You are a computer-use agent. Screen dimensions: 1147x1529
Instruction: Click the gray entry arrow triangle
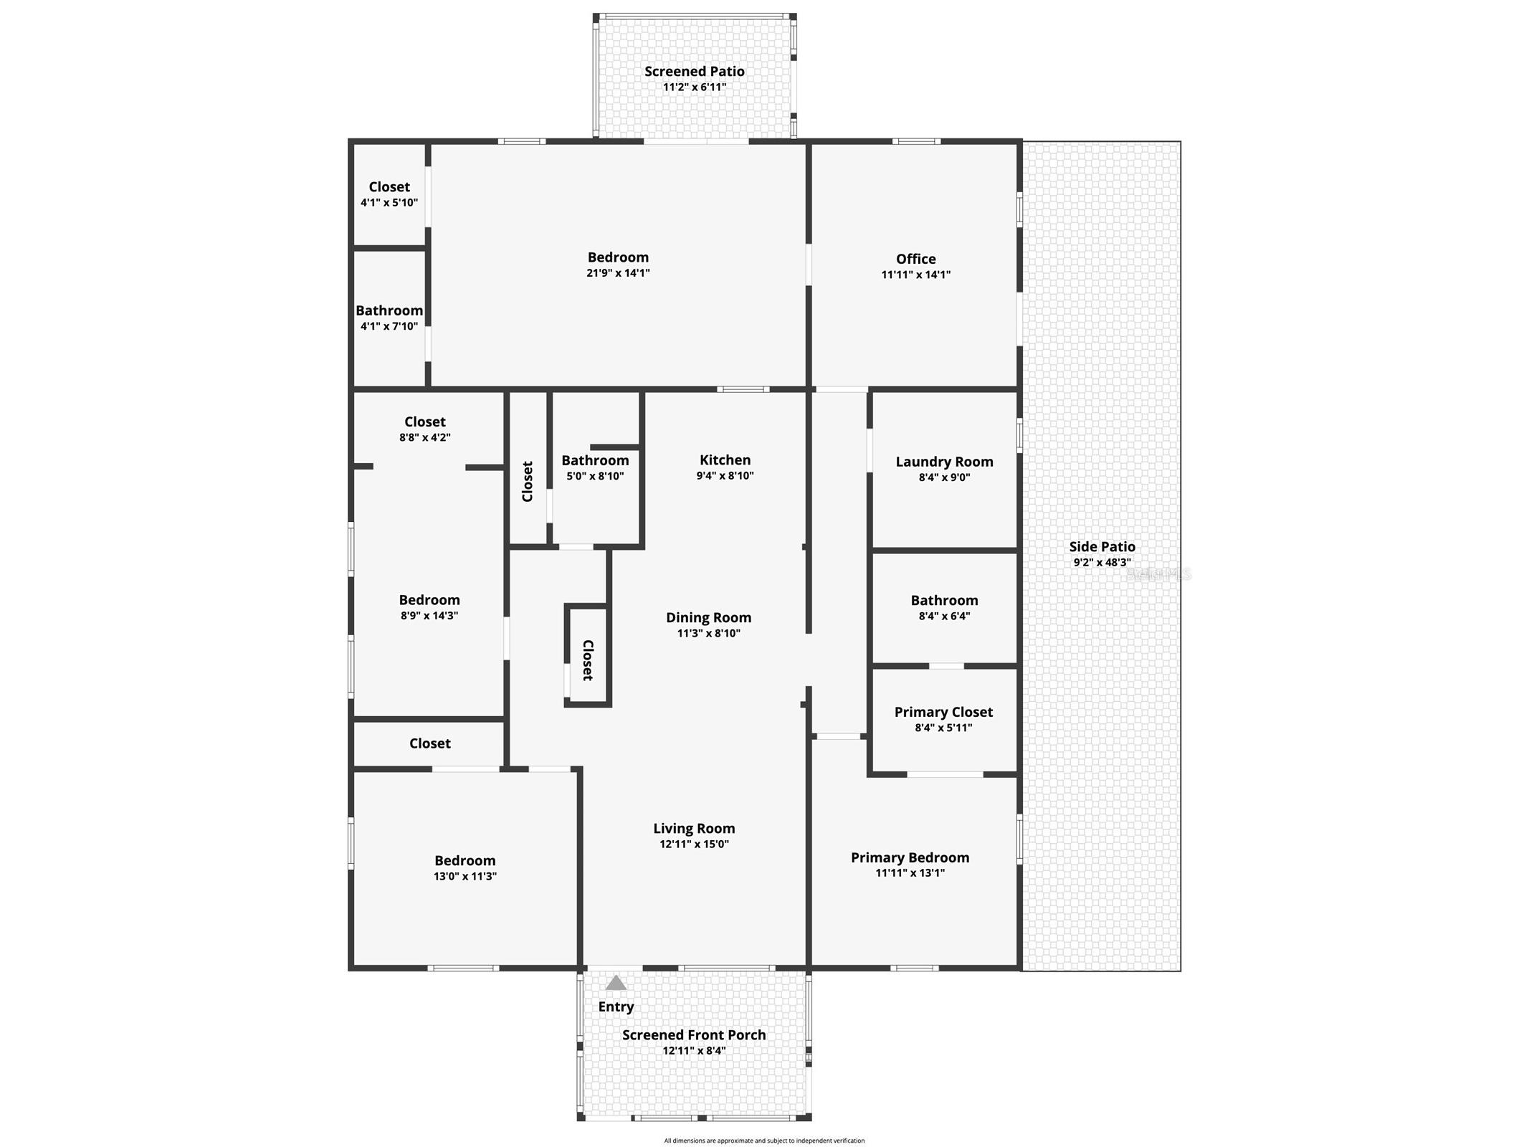point(616,983)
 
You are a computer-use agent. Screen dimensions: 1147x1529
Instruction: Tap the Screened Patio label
point(694,71)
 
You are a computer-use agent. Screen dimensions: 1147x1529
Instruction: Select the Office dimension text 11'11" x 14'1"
point(915,275)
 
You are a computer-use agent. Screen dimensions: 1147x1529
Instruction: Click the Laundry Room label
point(944,462)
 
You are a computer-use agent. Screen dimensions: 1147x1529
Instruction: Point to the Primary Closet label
point(943,712)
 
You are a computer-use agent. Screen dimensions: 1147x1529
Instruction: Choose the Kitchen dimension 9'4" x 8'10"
point(725,475)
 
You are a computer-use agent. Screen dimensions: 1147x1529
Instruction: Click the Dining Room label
point(708,617)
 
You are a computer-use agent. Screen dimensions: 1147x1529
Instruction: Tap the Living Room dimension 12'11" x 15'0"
point(694,844)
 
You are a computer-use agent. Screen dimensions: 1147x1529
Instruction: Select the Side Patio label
point(1102,546)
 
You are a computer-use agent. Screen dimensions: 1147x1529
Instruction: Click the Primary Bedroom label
point(910,857)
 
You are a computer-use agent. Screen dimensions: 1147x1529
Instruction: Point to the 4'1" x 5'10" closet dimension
point(389,203)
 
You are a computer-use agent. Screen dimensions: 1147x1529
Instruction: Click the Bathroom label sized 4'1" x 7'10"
point(389,310)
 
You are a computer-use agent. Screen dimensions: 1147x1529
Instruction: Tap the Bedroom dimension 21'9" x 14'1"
point(618,273)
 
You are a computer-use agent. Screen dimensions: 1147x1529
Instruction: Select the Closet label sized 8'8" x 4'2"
point(424,422)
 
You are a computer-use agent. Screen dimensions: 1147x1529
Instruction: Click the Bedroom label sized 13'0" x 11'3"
point(465,860)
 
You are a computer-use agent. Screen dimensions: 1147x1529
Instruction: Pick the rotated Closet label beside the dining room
point(588,660)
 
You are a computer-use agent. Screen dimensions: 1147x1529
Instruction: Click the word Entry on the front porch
point(616,1006)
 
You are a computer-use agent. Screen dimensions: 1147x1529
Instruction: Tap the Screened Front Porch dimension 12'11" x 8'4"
point(694,1051)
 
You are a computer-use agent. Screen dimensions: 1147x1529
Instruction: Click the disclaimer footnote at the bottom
point(764,1141)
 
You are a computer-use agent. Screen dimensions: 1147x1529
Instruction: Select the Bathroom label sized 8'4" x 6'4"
point(944,600)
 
